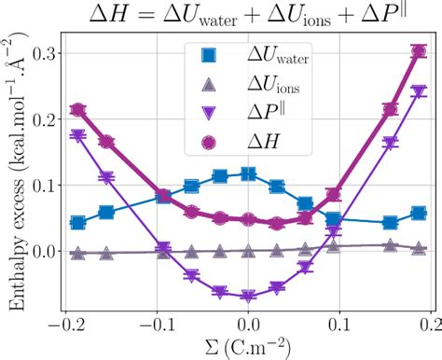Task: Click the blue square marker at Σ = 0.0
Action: point(248,174)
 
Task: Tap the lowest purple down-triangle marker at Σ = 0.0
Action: point(248,297)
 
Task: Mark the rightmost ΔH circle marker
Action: point(419,53)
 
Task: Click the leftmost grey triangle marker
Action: point(78,253)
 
